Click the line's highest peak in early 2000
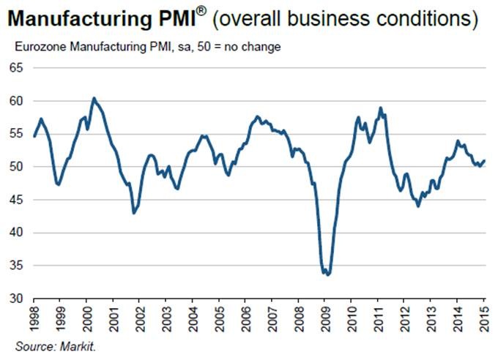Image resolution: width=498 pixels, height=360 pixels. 94,98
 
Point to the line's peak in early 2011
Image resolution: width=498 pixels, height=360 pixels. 381,108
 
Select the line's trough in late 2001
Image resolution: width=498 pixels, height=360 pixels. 134,213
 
